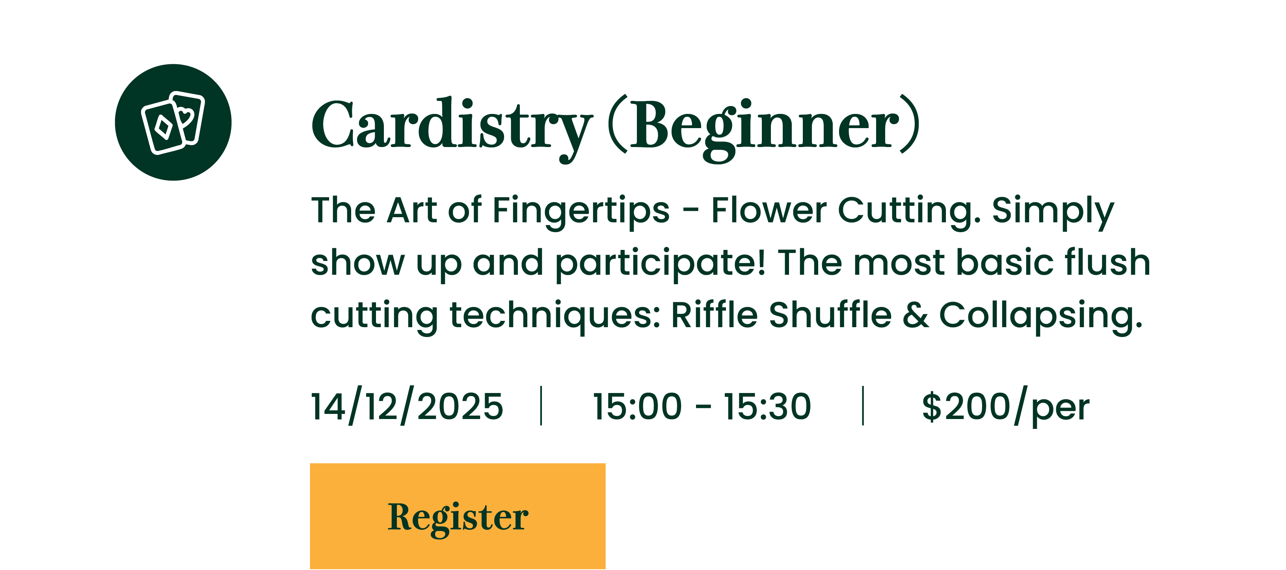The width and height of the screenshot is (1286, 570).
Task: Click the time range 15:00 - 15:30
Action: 702,406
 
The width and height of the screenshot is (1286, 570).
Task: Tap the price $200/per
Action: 1005,407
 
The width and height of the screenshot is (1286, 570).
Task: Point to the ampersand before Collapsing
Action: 916,315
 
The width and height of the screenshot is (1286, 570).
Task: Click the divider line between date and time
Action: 541,405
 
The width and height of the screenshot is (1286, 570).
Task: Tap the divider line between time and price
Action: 863,405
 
